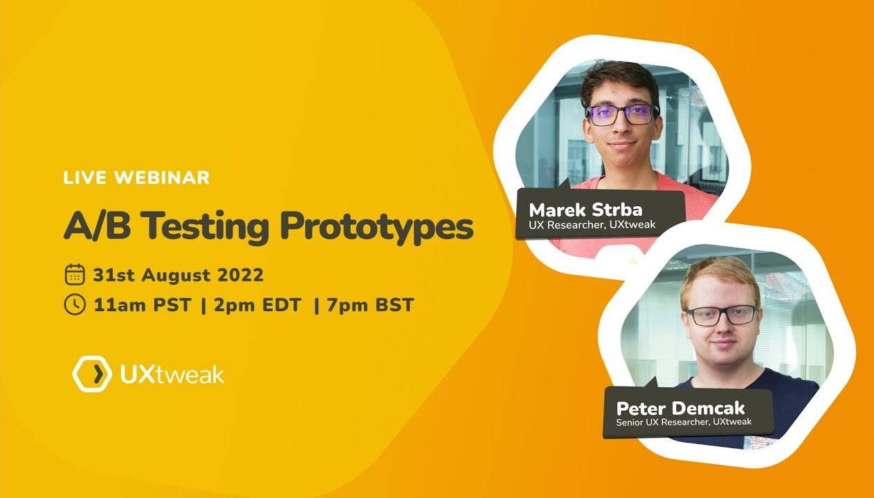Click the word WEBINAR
click(162, 178)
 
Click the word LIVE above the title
click(85, 178)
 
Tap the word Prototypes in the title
click(377, 227)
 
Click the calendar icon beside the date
click(75, 275)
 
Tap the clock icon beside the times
click(75, 304)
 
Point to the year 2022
click(240, 275)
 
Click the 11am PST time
click(143, 305)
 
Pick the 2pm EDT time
click(257, 305)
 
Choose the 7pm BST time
click(370, 305)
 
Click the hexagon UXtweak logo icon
click(92, 373)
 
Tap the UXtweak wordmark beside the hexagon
click(172, 374)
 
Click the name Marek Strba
click(585, 210)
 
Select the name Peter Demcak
click(680, 409)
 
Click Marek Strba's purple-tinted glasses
click(621, 115)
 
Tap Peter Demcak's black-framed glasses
click(722, 316)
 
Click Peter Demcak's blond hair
click(720, 275)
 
